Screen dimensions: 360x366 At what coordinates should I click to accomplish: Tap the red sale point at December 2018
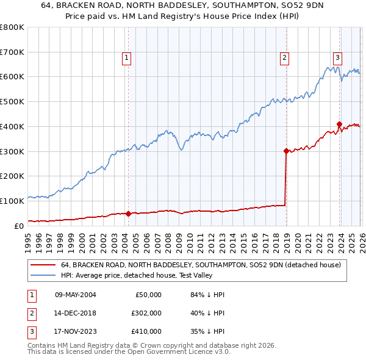285,150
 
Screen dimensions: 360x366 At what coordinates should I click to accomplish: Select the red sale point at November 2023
339,124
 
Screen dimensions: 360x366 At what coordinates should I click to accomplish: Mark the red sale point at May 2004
128,214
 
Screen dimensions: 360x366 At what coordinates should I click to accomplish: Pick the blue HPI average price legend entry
159,275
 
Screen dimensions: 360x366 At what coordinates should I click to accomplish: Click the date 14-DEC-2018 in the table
75,313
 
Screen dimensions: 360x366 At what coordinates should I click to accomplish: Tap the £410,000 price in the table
146,331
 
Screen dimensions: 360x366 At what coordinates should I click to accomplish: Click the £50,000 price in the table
148,295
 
